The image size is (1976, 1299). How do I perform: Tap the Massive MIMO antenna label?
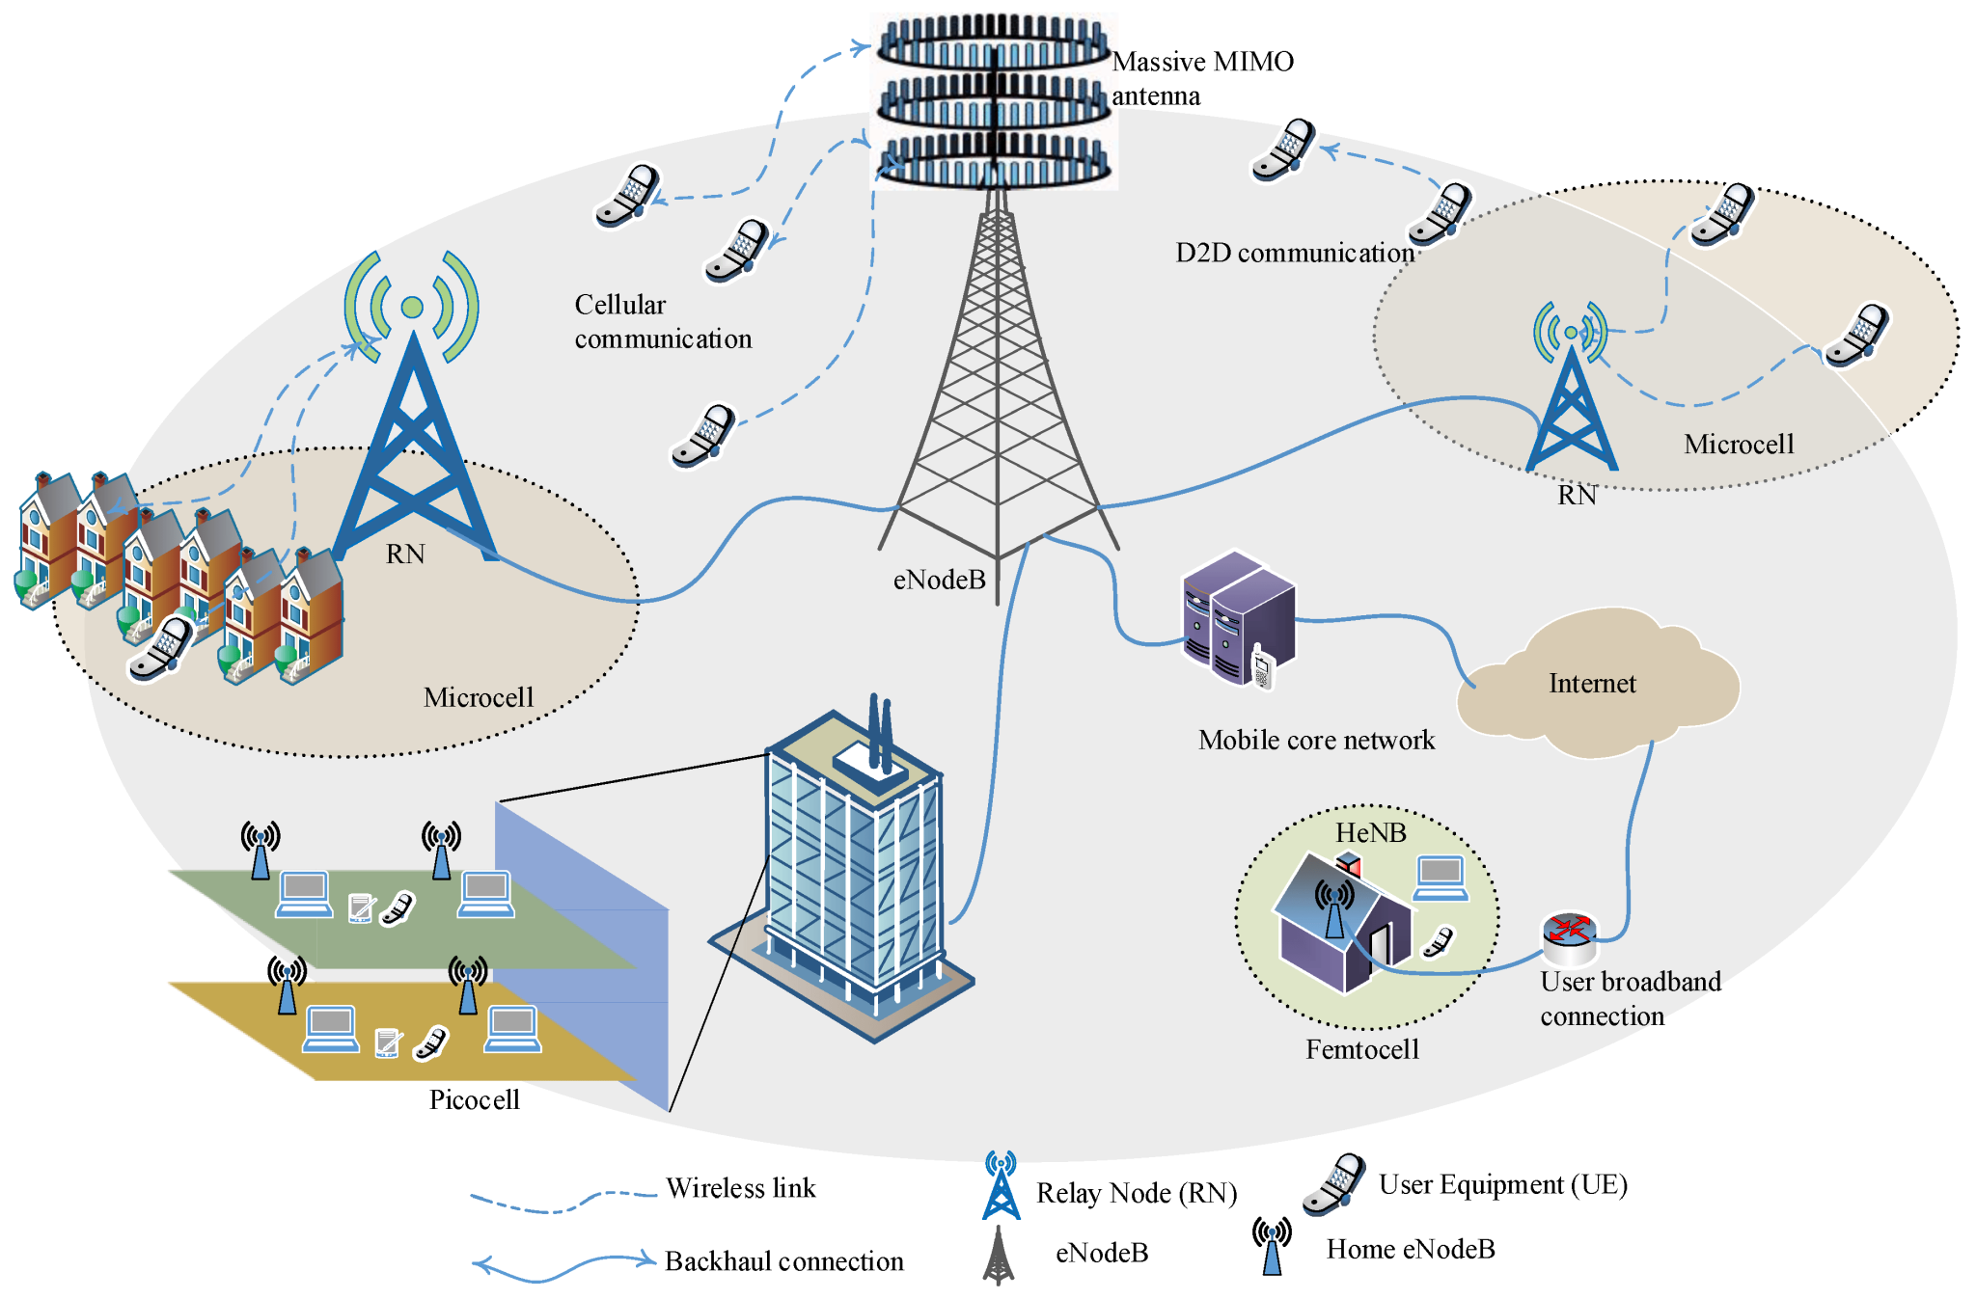click(x=1201, y=78)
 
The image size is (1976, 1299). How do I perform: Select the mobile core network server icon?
click(x=1238, y=618)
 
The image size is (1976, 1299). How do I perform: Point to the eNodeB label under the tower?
click(x=939, y=580)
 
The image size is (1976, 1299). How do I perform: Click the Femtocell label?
click(x=1361, y=1049)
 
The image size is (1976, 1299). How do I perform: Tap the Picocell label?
click(x=474, y=1099)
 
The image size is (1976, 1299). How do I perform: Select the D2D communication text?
click(x=1294, y=253)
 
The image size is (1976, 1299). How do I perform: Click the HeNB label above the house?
click(x=1370, y=832)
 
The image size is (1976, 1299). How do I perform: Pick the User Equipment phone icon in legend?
click(x=1333, y=1184)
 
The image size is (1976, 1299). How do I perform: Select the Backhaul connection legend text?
click(x=783, y=1261)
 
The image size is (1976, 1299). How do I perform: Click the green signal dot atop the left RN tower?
click(x=412, y=308)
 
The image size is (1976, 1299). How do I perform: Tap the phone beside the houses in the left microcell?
click(x=161, y=648)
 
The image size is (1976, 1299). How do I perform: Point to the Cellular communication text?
click(x=662, y=322)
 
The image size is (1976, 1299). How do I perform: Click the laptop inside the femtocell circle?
click(x=1441, y=877)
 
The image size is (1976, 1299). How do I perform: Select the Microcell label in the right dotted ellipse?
click(x=1738, y=445)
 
